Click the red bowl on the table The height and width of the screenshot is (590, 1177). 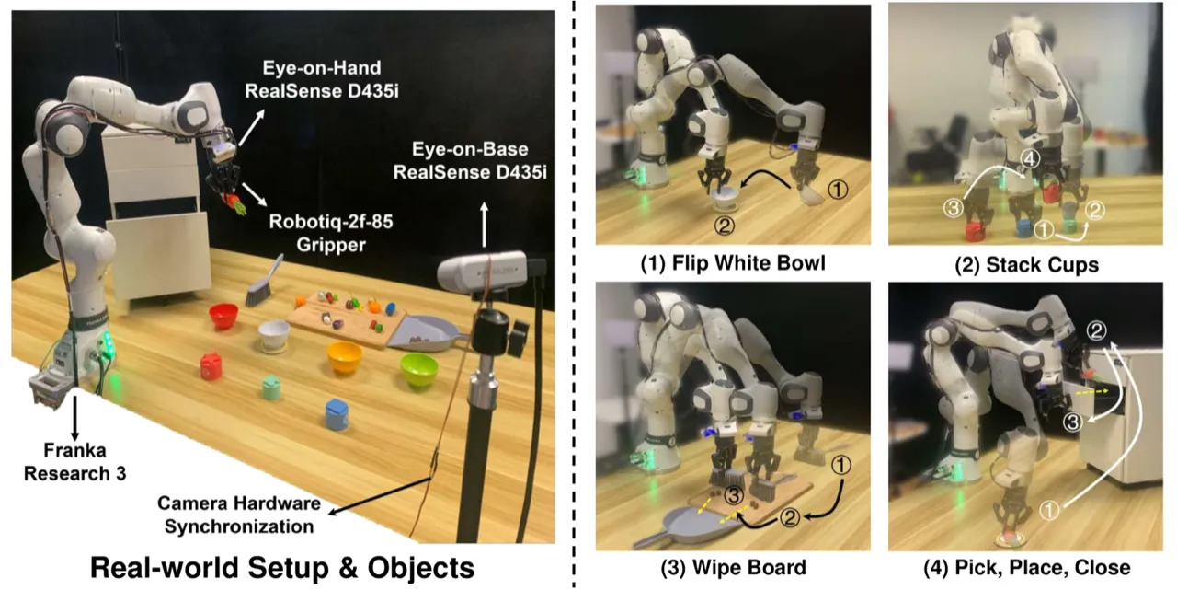click(223, 316)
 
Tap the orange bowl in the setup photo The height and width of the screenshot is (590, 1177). click(344, 356)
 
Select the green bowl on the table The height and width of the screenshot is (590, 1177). click(418, 369)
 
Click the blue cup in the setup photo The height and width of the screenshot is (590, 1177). click(337, 414)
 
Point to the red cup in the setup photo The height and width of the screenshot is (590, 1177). click(211, 366)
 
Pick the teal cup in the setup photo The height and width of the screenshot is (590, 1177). click(270, 388)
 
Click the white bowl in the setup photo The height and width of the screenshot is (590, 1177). click(274, 336)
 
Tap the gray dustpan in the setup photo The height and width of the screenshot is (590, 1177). click(427, 334)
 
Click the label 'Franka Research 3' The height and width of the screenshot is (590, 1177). click(75, 462)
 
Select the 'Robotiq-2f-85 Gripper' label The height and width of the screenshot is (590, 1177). click(331, 233)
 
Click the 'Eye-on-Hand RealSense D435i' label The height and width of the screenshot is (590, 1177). click(322, 79)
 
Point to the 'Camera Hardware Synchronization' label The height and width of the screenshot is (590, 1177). click(239, 515)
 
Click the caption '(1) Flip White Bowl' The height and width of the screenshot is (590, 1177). click(733, 263)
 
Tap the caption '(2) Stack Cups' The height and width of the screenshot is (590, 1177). click(1026, 264)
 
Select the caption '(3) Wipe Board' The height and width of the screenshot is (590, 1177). click(733, 567)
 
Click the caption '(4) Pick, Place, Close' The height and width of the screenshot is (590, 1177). click(1027, 567)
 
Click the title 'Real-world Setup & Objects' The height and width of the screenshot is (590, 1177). click(282, 568)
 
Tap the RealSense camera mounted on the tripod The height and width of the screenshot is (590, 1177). click(482, 271)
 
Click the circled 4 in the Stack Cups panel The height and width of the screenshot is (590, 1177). click(1030, 158)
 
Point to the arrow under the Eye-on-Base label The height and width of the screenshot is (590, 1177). click(484, 226)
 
